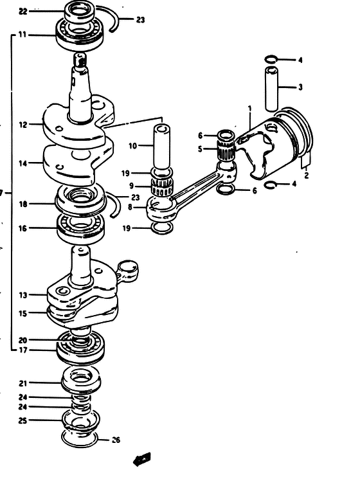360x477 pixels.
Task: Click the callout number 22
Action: (x=23, y=12)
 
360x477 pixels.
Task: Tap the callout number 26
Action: (x=116, y=440)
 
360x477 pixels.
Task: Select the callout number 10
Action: (x=132, y=146)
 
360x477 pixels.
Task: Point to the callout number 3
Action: (x=300, y=87)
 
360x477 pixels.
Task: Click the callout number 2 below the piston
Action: (x=307, y=175)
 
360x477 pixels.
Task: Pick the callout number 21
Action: (x=23, y=383)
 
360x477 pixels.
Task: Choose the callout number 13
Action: (x=23, y=295)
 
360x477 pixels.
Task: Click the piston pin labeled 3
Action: (x=271, y=89)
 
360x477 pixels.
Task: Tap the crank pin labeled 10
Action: (x=161, y=148)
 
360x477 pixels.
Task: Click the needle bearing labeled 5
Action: (x=226, y=150)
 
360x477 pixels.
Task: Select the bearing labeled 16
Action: (x=81, y=228)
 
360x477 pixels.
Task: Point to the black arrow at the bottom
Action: (x=142, y=459)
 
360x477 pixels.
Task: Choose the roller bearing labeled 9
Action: (x=163, y=188)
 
